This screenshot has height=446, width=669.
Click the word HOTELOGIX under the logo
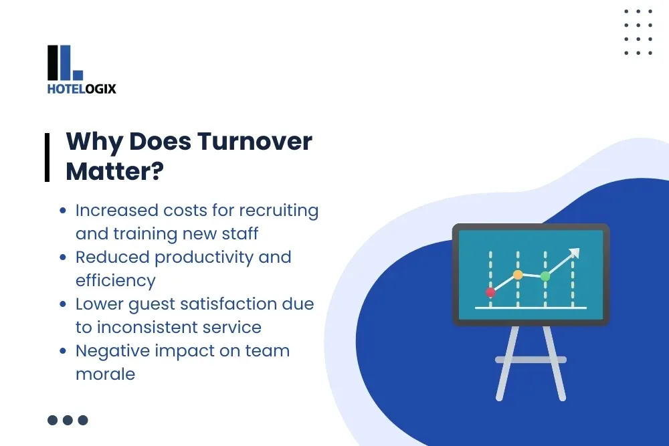[x=82, y=88]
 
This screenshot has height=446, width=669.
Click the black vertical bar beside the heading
[x=47, y=156]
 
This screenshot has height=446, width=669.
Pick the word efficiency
[x=115, y=280]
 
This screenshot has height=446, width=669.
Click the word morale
[x=105, y=374]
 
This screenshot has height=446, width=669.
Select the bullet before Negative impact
[x=62, y=351]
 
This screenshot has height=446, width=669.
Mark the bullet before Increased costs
[x=62, y=211]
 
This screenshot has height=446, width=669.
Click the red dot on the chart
[x=490, y=292]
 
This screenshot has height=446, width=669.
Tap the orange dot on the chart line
[x=518, y=274]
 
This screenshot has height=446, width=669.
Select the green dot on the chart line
[x=545, y=276]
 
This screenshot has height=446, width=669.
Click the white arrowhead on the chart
[x=573, y=253]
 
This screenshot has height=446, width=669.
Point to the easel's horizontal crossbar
[x=531, y=360]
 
